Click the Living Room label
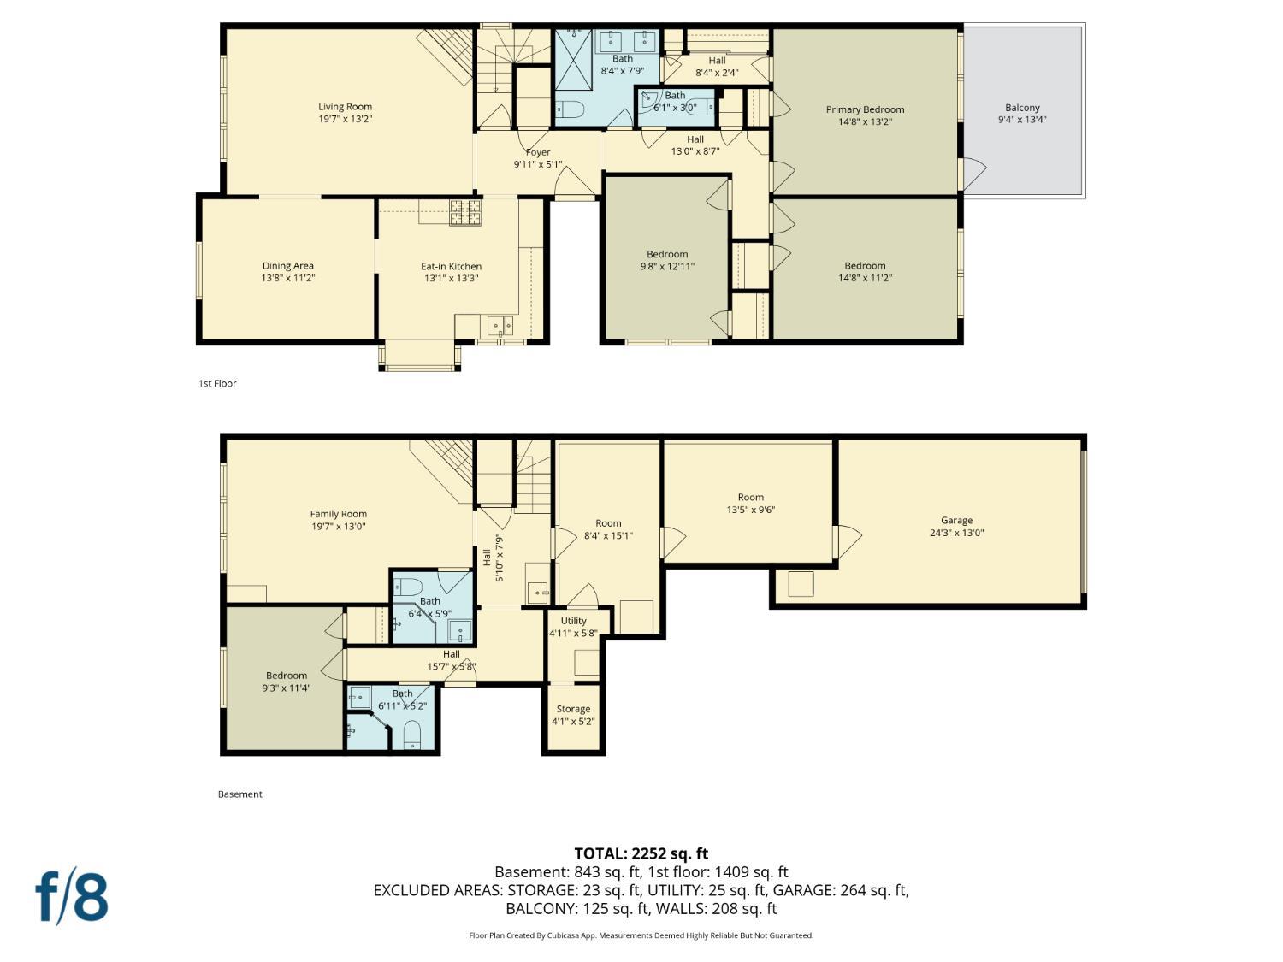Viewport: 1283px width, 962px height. tap(345, 107)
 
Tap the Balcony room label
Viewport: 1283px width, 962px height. tap(1022, 108)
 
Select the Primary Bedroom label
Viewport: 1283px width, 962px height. tap(865, 109)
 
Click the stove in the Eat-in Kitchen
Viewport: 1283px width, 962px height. tap(465, 212)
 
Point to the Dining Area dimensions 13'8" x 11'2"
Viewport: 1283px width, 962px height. tap(288, 278)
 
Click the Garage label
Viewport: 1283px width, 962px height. tap(956, 520)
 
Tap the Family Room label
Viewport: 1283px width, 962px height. tap(338, 514)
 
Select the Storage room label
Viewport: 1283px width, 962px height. tap(573, 709)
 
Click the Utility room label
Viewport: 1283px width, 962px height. tap(573, 621)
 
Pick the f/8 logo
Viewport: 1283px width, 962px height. tap(72, 896)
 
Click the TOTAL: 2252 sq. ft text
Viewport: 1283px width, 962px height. tap(641, 853)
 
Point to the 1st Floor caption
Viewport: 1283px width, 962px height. tap(217, 383)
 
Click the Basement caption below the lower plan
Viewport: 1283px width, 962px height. tap(239, 794)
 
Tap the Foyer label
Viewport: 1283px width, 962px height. tap(538, 152)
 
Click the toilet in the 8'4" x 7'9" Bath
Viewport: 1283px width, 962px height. tap(571, 109)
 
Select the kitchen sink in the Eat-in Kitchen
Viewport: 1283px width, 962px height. tap(500, 325)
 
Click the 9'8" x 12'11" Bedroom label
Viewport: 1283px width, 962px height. tap(667, 254)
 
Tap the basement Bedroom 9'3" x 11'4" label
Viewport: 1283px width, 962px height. tap(286, 676)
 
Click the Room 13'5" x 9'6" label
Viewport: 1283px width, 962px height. tap(750, 497)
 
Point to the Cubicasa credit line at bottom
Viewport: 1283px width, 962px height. tap(641, 935)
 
